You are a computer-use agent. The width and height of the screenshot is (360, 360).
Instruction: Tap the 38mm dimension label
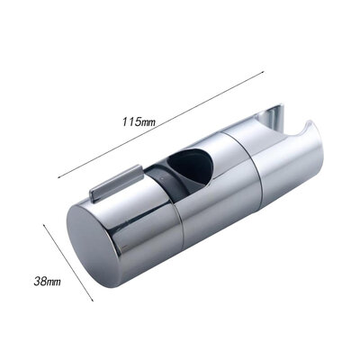(x=46, y=282)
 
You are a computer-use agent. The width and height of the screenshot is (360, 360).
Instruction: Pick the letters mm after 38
(x=53, y=282)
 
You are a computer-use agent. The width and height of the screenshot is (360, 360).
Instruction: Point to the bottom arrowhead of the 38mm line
(x=93, y=301)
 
